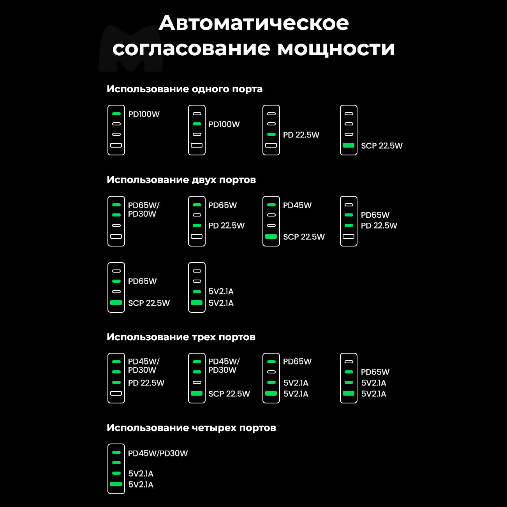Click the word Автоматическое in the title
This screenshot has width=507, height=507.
(x=253, y=23)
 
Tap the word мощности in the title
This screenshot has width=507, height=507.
(x=336, y=48)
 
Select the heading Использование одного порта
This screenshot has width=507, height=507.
(x=185, y=89)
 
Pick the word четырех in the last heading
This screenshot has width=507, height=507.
(x=214, y=428)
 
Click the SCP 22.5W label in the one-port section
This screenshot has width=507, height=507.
(x=382, y=146)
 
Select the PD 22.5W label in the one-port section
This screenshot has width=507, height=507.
(x=301, y=135)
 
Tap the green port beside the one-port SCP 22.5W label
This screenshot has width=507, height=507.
(x=349, y=145)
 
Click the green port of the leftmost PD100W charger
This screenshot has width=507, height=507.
(x=116, y=114)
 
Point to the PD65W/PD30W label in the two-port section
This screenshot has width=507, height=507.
(x=143, y=209)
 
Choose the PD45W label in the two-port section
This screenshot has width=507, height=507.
(x=297, y=205)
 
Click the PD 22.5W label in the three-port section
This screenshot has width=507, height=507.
(x=146, y=383)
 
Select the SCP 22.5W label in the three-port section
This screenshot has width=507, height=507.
(x=229, y=394)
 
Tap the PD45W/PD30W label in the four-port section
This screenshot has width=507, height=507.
(x=158, y=453)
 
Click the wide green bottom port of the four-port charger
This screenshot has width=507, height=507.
(x=116, y=484)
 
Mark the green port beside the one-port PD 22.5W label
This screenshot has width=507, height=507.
(x=271, y=134)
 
